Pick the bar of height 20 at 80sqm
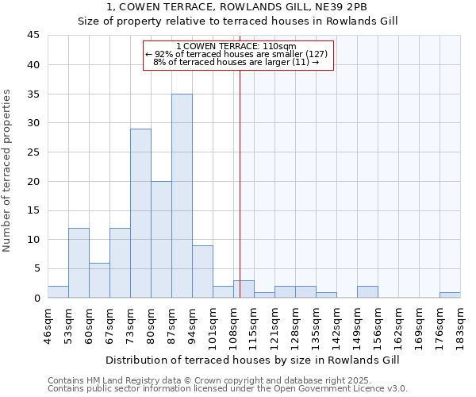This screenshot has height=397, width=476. click(x=161, y=239)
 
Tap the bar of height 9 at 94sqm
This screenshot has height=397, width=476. click(x=202, y=272)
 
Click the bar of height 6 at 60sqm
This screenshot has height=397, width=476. click(x=99, y=280)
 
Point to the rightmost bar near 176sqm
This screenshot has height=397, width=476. click(x=450, y=295)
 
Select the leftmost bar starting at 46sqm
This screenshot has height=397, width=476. click(x=58, y=292)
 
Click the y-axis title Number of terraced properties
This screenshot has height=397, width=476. click(x=8, y=171)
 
